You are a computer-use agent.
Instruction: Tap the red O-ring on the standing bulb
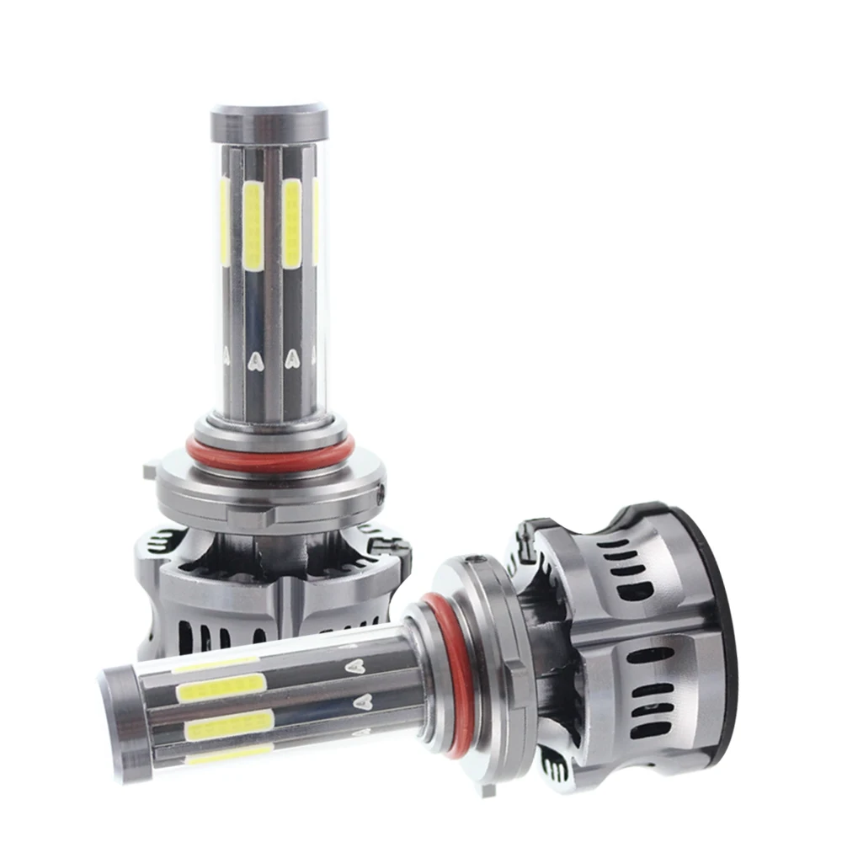270,455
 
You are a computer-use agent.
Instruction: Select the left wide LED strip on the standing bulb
253,225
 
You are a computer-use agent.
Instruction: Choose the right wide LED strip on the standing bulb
292,223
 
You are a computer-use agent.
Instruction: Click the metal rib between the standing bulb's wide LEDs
273,253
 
